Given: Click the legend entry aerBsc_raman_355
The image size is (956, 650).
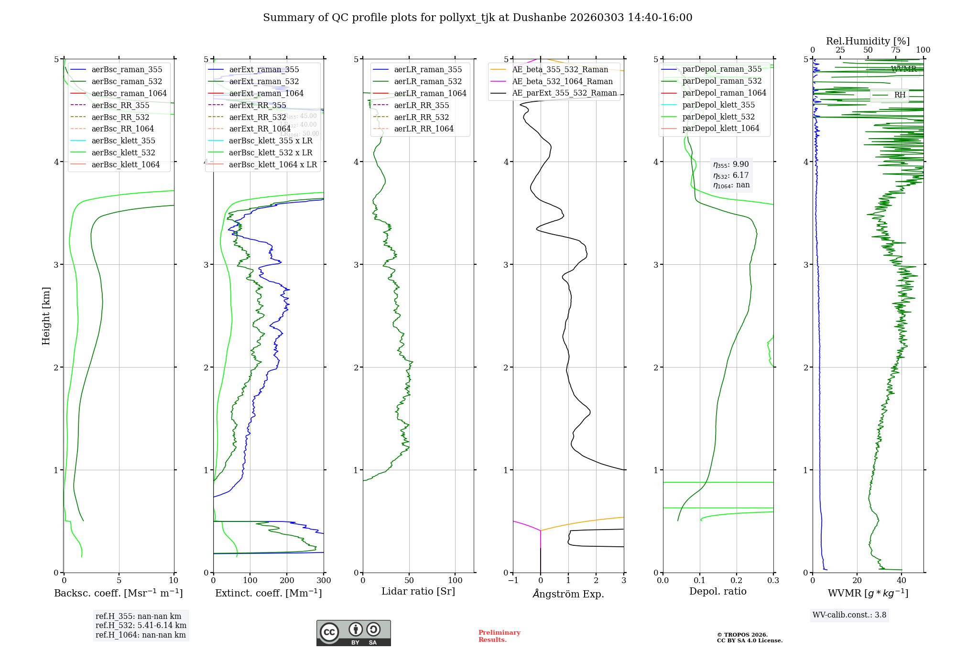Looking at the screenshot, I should (127, 70).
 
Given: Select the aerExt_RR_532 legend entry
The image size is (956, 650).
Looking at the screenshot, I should (258, 117).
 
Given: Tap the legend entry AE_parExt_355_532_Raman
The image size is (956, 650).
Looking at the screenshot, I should (564, 93).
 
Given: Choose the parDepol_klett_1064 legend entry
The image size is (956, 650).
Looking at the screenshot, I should (720, 129).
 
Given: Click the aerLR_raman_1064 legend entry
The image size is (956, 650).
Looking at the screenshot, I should (430, 94).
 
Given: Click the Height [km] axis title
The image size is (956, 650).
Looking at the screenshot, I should (46, 316).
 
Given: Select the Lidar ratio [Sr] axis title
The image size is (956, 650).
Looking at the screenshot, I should (418, 592).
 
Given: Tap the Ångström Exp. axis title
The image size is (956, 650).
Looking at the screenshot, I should (568, 594).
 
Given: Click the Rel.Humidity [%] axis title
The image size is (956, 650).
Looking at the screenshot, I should (868, 41).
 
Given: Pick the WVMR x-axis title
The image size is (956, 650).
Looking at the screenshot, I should (868, 594).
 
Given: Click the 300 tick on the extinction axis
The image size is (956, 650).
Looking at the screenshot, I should (324, 581).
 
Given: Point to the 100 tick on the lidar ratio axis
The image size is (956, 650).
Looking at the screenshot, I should (456, 581).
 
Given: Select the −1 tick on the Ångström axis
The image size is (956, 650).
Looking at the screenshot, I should (513, 581).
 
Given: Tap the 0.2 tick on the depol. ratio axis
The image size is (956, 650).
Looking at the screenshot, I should (737, 581).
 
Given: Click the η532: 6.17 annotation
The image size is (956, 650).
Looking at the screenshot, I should (731, 175).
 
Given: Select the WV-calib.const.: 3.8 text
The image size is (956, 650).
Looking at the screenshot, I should (849, 615).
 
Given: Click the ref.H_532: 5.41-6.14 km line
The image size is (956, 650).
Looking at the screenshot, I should (141, 626).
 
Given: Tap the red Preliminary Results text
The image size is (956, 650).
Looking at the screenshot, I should (499, 636).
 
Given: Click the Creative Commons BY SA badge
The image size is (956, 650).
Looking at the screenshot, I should (353, 633).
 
